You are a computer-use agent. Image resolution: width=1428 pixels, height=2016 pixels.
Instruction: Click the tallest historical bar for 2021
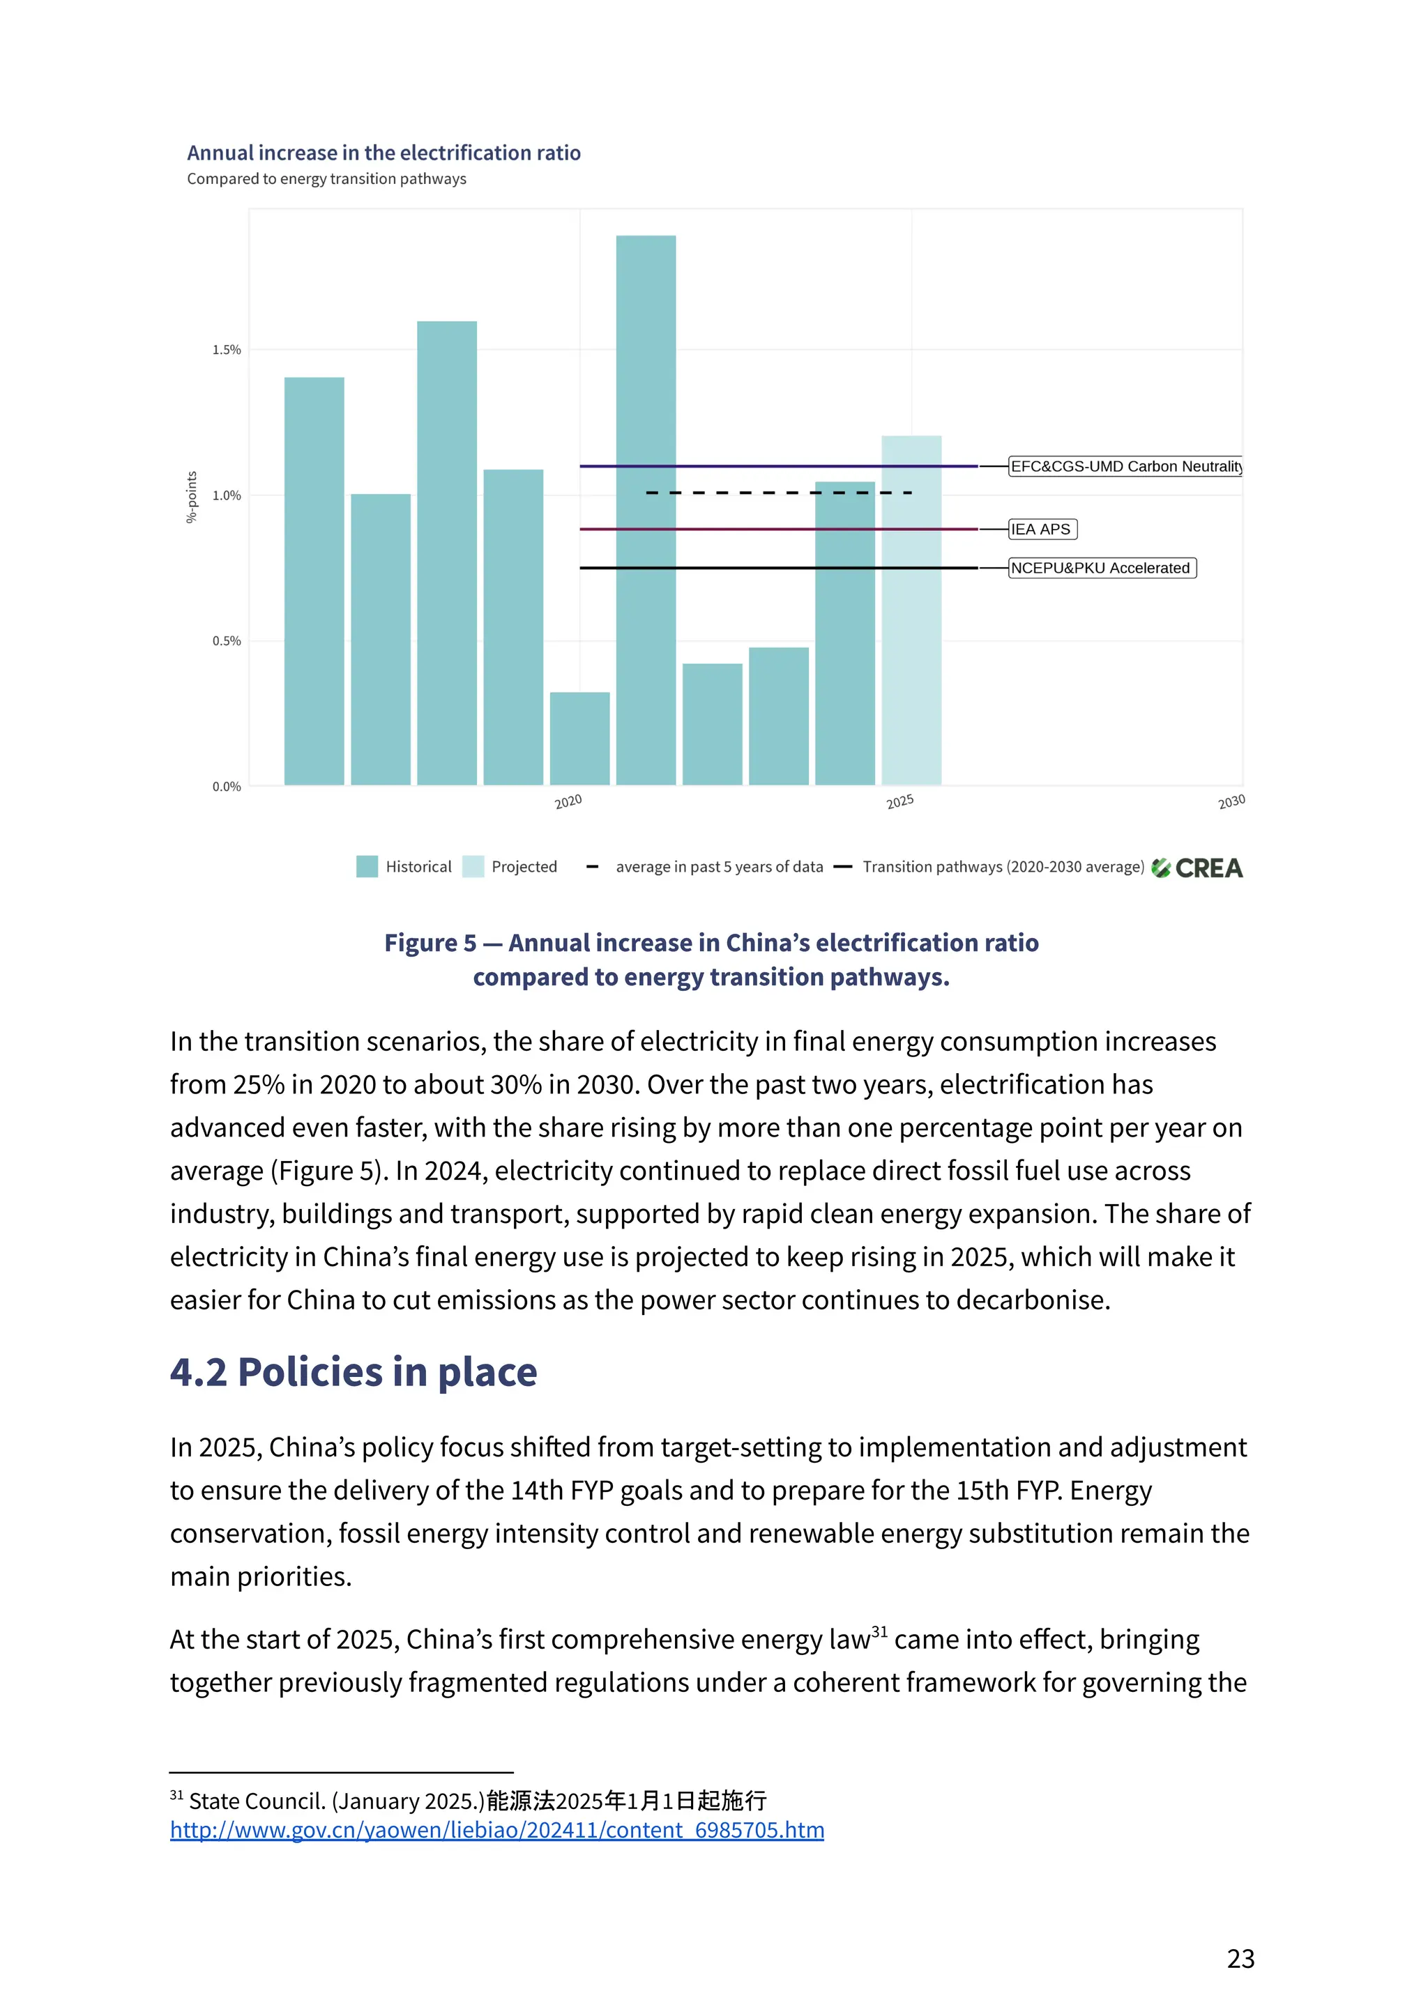(x=646, y=509)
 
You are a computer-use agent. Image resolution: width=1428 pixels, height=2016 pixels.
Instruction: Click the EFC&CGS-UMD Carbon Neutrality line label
(x=1125, y=467)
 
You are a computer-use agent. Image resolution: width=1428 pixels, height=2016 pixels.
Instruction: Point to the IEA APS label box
(x=1042, y=529)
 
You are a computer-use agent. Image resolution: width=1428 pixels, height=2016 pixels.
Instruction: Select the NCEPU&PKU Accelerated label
(x=1101, y=568)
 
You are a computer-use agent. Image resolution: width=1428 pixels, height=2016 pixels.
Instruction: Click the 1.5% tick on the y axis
(x=226, y=350)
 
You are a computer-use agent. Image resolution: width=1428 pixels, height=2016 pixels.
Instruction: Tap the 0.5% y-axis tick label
(x=226, y=640)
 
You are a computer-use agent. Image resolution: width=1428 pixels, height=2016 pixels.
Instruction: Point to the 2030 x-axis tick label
(x=1231, y=801)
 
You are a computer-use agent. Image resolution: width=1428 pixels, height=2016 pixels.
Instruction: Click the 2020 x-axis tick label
(x=568, y=801)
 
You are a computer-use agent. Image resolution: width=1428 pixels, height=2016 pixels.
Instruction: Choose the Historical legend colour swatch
(x=367, y=866)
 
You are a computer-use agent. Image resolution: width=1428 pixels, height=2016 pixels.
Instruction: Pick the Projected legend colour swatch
(x=473, y=866)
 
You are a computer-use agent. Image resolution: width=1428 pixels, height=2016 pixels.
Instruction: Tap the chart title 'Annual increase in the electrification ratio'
(x=383, y=153)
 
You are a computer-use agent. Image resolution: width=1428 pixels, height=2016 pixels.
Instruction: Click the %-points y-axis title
(x=192, y=498)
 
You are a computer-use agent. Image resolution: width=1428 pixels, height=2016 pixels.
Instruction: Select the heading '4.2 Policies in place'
(x=354, y=1372)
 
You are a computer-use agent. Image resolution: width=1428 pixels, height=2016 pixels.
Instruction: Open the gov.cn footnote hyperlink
(x=497, y=1831)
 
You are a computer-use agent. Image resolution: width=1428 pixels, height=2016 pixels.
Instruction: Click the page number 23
(x=1240, y=1959)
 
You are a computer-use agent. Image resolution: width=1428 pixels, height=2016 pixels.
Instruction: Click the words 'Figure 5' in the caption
(x=430, y=943)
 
